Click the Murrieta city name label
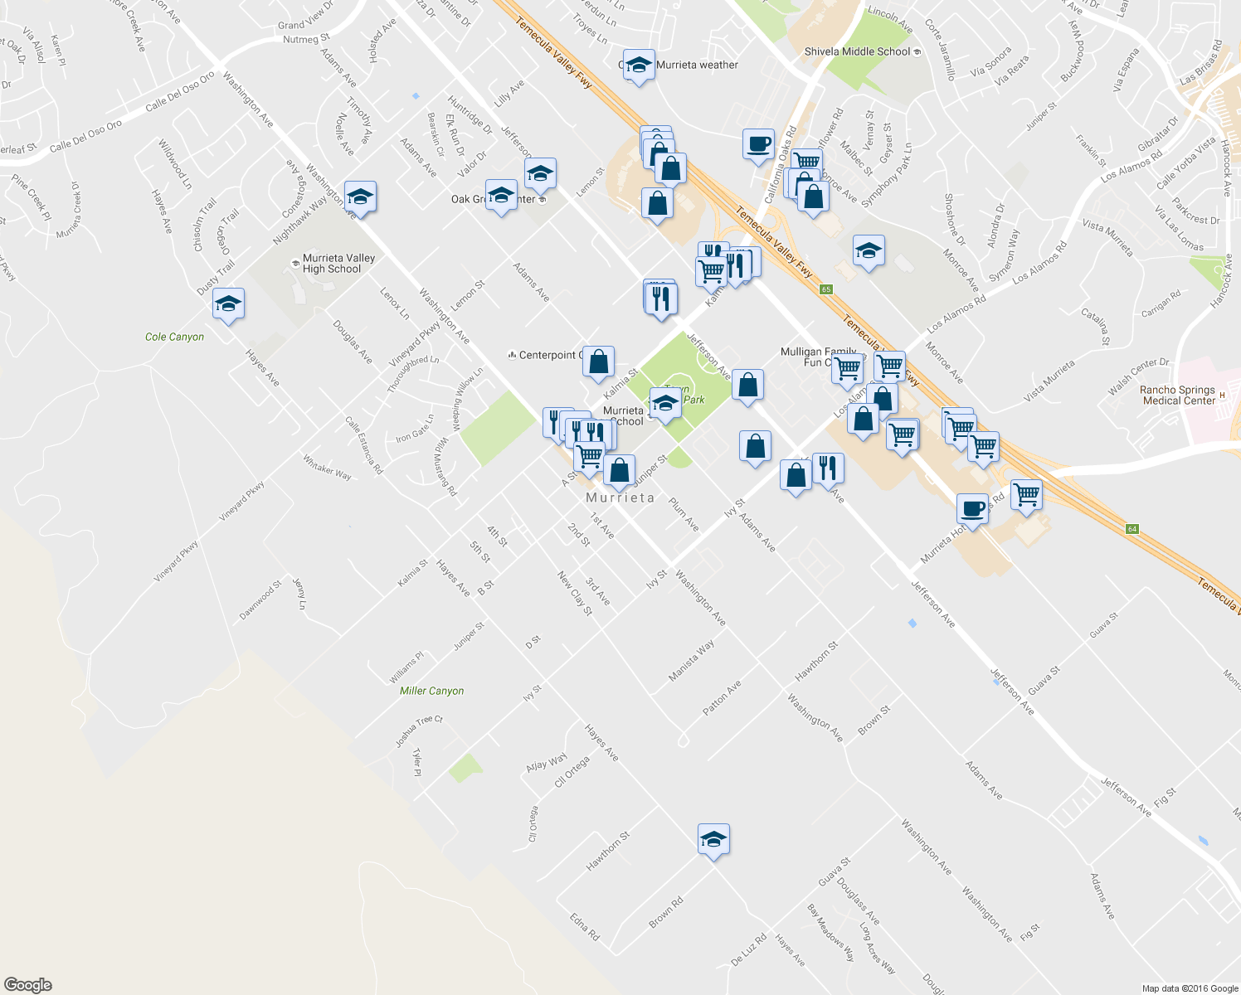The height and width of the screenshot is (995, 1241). tap(620, 498)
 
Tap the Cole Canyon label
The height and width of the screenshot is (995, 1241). tap(174, 337)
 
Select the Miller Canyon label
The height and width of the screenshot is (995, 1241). tap(431, 691)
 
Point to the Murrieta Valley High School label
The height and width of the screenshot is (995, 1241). tap(338, 264)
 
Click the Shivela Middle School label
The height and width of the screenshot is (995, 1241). tap(858, 51)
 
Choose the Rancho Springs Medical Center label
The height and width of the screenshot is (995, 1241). tap(1178, 396)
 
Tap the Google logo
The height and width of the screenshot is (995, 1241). tap(27, 985)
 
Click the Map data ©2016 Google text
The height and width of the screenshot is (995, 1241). tap(1190, 988)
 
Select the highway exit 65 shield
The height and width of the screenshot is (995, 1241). tap(825, 289)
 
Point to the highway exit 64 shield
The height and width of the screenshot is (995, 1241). tap(1131, 529)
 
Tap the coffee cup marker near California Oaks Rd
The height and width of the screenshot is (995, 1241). tap(758, 144)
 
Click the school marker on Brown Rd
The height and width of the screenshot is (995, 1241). tap(713, 840)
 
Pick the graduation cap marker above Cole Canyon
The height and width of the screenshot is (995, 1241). tap(228, 304)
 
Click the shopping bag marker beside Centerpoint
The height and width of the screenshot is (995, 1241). tap(599, 362)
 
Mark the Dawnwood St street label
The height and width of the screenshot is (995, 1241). tap(260, 600)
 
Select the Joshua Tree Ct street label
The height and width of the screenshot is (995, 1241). tap(419, 730)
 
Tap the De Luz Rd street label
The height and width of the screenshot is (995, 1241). tap(748, 950)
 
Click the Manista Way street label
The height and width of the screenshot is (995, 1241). tap(691, 662)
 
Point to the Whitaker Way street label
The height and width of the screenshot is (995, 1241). tap(327, 468)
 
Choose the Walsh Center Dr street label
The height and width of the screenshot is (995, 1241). tap(1139, 376)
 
